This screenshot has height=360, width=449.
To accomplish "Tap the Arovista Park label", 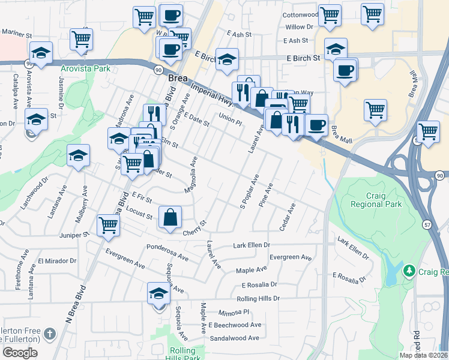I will (85, 68).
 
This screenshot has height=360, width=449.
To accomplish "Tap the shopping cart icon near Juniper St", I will (109, 226).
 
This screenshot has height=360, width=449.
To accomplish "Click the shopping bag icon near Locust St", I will (170, 217).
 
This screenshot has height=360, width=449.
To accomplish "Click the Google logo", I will (20, 352).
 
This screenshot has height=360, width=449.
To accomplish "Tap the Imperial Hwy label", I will (213, 92).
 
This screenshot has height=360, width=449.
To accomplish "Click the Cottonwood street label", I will (300, 14).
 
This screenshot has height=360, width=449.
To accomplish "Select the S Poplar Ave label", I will (249, 192).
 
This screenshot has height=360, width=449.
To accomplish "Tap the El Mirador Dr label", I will (57, 261).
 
